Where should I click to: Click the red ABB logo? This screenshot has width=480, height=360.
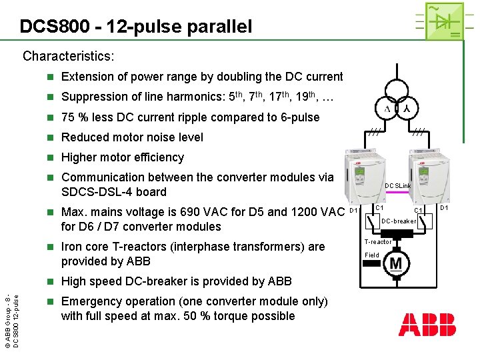click(427, 325)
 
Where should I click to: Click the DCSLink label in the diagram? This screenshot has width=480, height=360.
click(398, 186)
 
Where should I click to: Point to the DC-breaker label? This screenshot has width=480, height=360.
click(399, 221)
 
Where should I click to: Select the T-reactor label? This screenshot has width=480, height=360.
click(377, 242)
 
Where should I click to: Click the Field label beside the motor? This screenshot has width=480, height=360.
click(371, 255)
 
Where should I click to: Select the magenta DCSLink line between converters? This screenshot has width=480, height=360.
click(399, 193)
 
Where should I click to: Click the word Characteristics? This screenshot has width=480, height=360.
click(69, 56)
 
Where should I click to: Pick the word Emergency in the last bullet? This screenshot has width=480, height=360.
click(92, 301)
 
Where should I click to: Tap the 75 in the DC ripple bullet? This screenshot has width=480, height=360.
click(68, 117)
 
